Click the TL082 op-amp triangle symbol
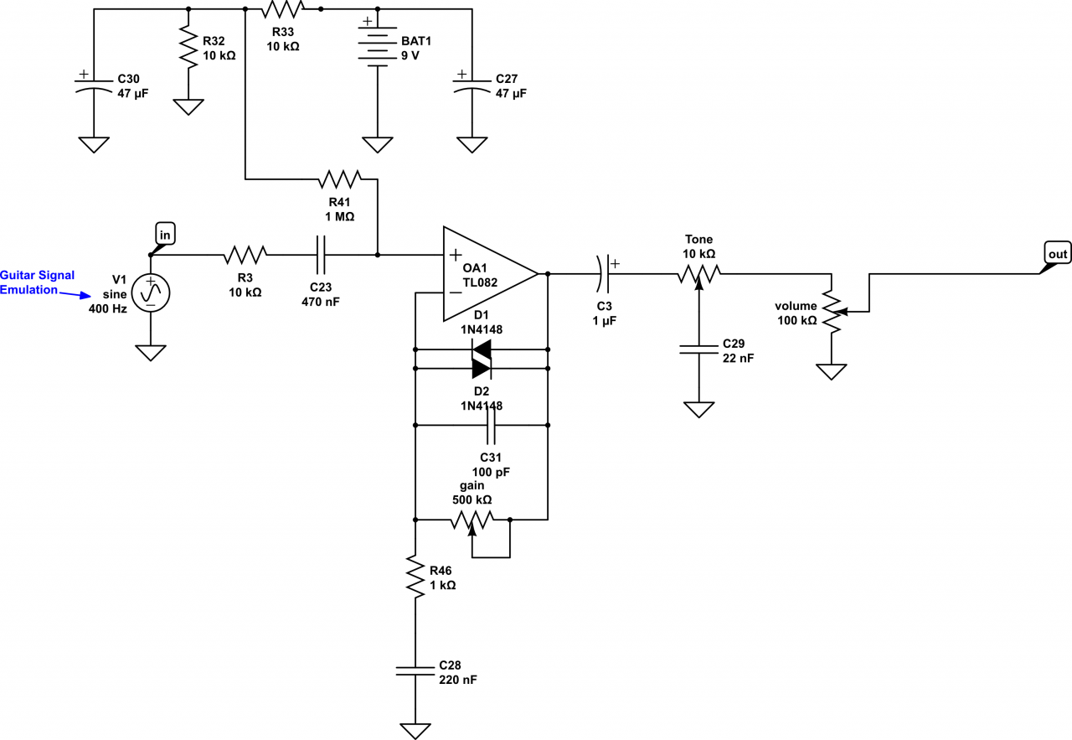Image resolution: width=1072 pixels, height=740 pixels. tap(486, 273)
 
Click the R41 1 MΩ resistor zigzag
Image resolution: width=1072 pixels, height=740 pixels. tap(339, 179)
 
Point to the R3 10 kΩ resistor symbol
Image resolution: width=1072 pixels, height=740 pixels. tap(245, 253)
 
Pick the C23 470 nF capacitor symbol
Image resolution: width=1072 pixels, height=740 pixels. tap(320, 253)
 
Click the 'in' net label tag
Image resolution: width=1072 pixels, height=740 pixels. tap(164, 235)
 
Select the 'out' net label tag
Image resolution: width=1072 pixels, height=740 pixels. tap(1057, 252)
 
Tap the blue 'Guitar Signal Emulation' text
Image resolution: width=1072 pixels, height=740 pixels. tap(37, 282)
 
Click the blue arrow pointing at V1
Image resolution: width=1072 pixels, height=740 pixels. tap(76, 293)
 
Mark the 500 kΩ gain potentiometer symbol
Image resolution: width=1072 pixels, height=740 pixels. tap(472, 520)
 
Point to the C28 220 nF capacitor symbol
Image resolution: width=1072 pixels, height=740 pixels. tap(415, 670)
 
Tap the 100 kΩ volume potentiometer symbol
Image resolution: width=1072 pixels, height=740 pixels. tap(831, 312)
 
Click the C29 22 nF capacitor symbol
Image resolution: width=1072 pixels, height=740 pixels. tap(698, 348)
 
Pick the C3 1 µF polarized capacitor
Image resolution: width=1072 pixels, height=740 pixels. tap(605, 273)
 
